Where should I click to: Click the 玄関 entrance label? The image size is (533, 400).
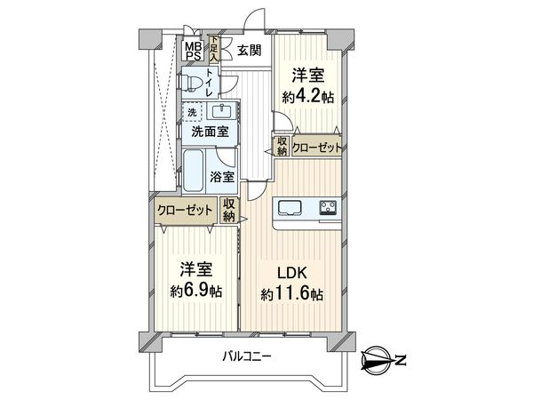249,51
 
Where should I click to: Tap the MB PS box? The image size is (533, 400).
194,51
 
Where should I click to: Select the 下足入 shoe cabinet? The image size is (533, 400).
214,49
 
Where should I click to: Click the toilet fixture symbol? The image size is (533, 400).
189,83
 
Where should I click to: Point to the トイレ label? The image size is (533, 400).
210,83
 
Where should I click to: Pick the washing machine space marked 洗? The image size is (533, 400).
193,113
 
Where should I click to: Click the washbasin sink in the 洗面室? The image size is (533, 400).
221,111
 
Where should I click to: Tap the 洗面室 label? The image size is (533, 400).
210,132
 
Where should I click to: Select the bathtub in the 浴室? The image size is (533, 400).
193,172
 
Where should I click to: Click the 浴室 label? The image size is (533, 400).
221,177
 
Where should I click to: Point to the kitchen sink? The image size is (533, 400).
290,207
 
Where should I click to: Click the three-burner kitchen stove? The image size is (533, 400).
328,207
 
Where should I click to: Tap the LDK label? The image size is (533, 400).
292,273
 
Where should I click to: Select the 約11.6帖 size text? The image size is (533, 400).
291,294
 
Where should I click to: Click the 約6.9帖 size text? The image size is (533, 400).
196,292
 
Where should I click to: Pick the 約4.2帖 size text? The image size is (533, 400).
308,97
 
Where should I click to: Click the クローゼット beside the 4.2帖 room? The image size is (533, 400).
316,148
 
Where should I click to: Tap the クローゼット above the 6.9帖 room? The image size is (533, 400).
186,210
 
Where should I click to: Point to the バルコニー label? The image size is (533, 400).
247,356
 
